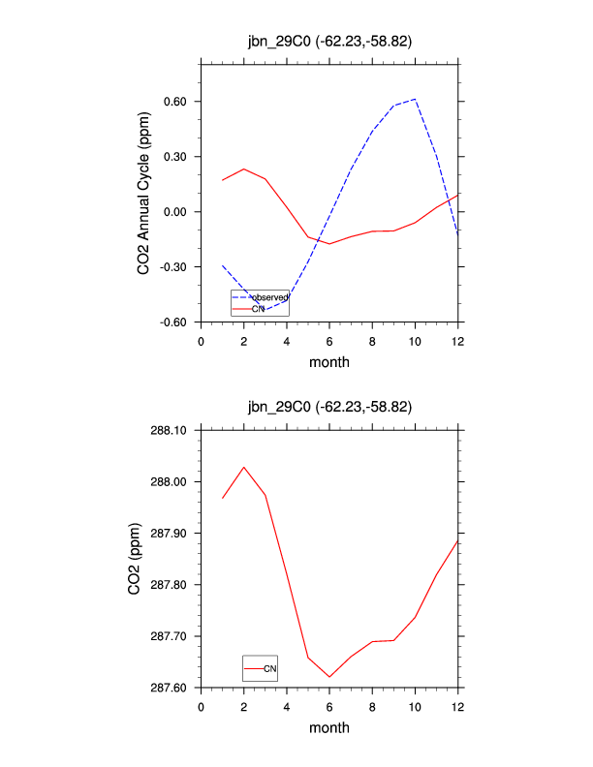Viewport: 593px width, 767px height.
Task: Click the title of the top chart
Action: point(329,41)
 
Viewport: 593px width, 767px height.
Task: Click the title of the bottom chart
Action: point(329,407)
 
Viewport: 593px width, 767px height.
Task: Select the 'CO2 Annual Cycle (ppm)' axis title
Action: point(143,203)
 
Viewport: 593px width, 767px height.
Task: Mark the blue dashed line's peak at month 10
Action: point(415,99)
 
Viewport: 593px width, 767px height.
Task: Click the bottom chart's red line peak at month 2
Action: point(244,467)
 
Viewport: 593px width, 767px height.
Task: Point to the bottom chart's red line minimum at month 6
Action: point(329,677)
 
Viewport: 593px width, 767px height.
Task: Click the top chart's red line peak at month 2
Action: point(244,169)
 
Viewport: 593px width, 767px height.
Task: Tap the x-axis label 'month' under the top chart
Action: point(329,362)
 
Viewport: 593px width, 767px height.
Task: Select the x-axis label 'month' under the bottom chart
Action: point(329,727)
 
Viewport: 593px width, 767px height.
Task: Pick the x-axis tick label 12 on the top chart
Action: point(457,341)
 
